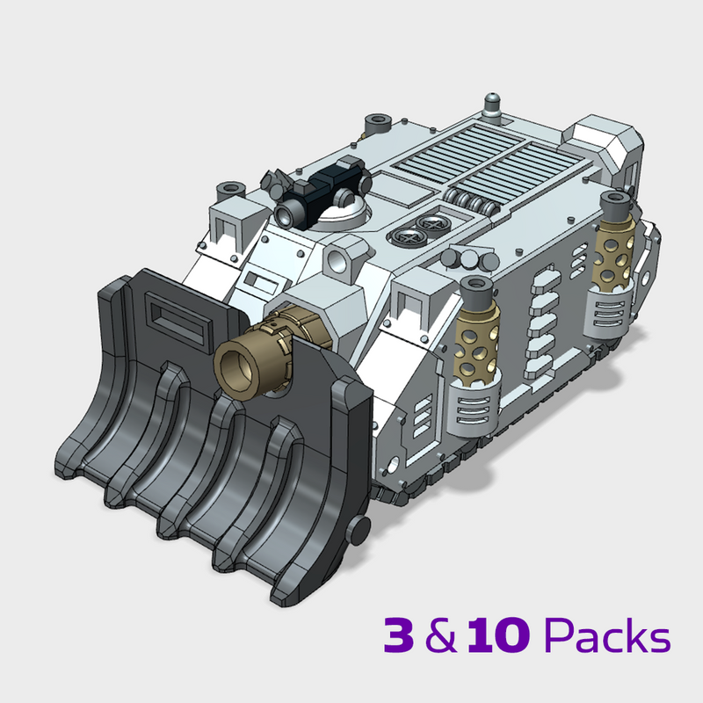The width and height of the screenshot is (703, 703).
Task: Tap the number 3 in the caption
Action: point(401,635)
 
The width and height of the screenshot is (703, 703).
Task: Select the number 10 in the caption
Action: point(496,635)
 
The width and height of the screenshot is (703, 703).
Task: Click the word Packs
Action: point(606,635)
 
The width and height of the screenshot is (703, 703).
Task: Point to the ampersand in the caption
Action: point(441,637)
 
